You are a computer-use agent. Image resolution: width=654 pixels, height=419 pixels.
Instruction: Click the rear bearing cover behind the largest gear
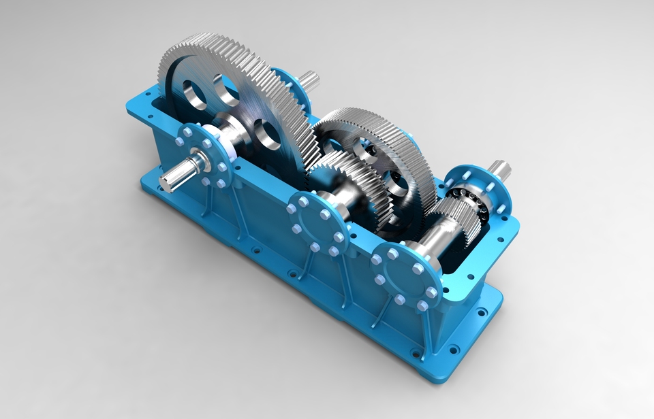[x=286, y=85]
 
